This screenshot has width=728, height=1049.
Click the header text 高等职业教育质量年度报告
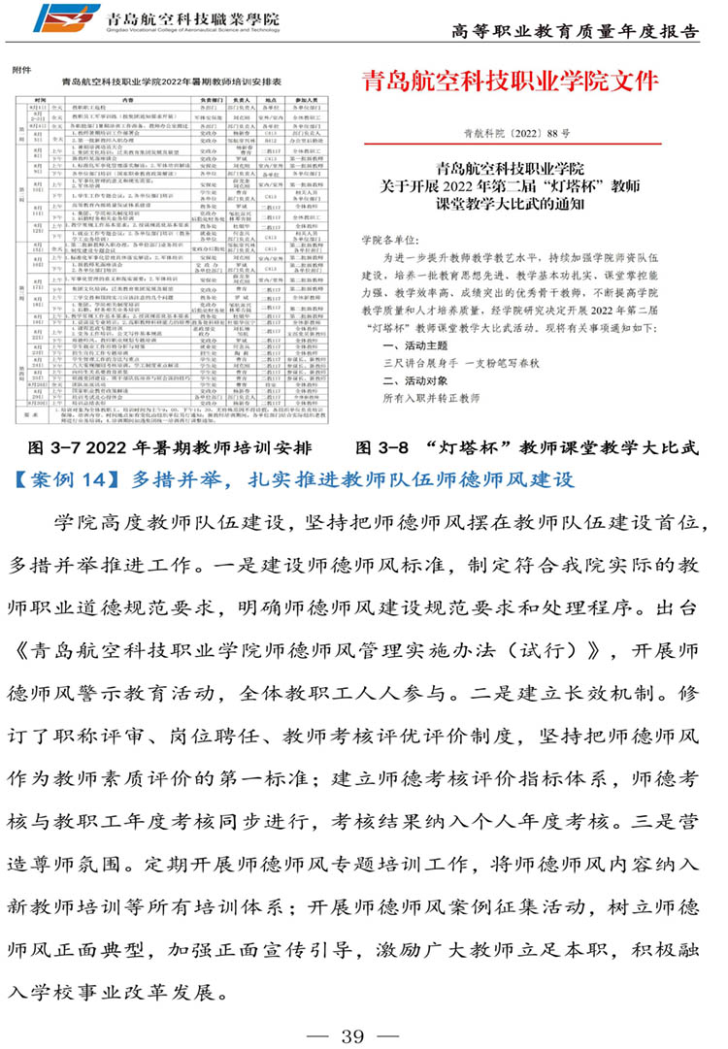click(x=576, y=31)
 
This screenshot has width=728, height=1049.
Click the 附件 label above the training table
click(x=22, y=70)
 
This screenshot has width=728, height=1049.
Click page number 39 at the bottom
click(x=350, y=1035)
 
